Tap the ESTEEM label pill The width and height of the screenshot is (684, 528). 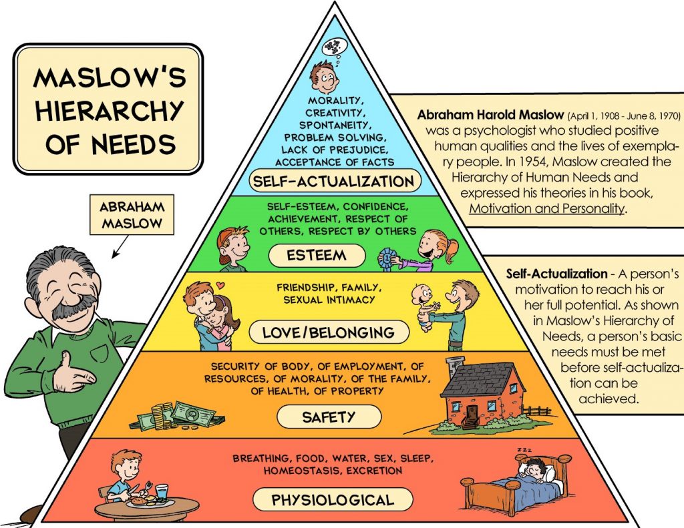click(317, 255)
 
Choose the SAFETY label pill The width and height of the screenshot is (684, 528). click(329, 418)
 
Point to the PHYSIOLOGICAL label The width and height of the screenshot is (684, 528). click(332, 499)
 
